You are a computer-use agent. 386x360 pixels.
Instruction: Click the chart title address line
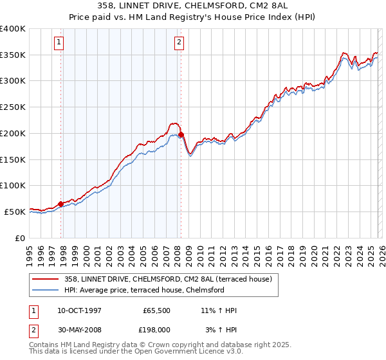coord(193,6)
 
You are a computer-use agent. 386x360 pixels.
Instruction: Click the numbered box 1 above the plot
coord(59,43)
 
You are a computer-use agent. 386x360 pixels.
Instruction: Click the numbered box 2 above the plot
coord(178,43)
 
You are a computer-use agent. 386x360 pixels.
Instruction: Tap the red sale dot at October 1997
coord(61,204)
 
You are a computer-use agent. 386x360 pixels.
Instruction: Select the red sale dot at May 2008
coord(181,135)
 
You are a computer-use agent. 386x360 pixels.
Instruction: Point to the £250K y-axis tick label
coord(13,107)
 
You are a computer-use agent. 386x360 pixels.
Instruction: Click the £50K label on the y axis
coord(15,212)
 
